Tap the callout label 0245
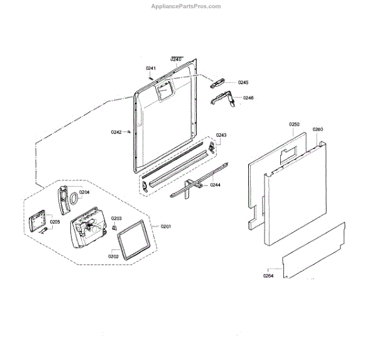[243, 83]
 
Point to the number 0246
[248, 98]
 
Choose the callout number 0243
[222, 136]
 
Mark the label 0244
[216, 185]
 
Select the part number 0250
[295, 124]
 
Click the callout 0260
[318, 129]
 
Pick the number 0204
[84, 192]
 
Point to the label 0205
[55, 222]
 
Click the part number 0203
[116, 218]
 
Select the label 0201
[166, 227]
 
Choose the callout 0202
[114, 256]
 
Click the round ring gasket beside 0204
[74, 199]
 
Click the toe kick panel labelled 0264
[314, 251]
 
